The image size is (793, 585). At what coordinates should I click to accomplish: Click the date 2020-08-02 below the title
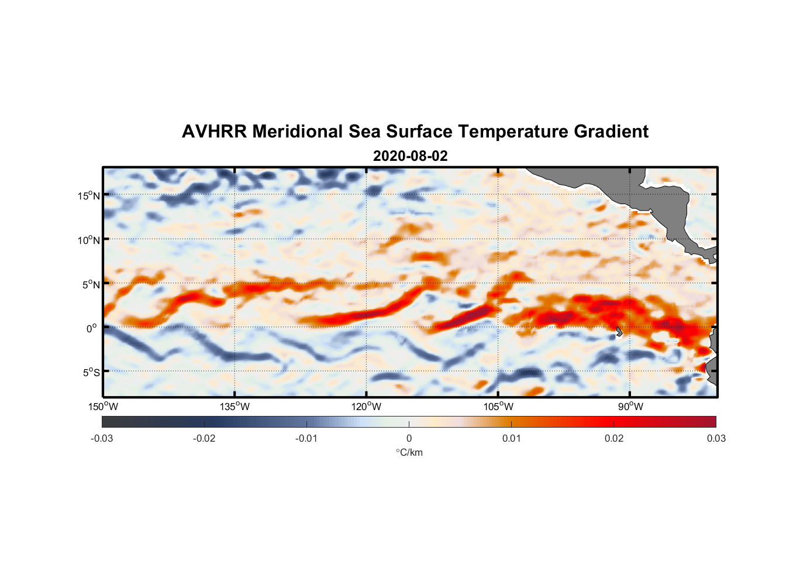click(410, 156)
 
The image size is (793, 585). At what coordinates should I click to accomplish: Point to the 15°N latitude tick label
click(89, 195)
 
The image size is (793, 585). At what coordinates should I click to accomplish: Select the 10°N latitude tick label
click(89, 240)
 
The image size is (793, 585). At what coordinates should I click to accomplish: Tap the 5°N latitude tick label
click(91, 284)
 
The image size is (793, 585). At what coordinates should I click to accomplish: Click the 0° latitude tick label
click(92, 328)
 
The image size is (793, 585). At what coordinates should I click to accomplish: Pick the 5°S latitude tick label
click(91, 373)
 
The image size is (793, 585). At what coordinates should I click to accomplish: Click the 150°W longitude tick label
click(104, 407)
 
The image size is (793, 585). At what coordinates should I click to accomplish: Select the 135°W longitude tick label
click(235, 407)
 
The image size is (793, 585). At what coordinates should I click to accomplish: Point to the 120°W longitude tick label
click(367, 407)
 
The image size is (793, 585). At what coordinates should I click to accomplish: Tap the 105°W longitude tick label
click(498, 407)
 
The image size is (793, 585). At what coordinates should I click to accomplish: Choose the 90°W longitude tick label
click(630, 407)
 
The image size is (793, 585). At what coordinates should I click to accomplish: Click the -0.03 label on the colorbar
click(102, 439)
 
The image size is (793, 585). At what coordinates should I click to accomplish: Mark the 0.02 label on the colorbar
click(614, 439)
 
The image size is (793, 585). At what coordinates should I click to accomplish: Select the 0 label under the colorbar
click(409, 439)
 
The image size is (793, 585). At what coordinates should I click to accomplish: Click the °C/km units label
click(409, 452)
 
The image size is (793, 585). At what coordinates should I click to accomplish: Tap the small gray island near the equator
click(619, 332)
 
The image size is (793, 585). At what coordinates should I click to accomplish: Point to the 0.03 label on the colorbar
click(716, 439)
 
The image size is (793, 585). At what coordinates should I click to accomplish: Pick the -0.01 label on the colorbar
click(306, 439)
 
